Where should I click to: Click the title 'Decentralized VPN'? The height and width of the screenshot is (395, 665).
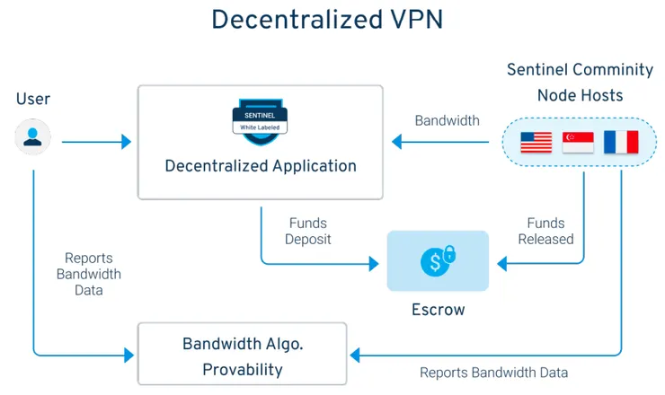click(330, 21)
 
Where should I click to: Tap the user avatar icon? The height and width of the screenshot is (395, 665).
click(32, 137)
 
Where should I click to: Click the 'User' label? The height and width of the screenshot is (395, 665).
click(33, 99)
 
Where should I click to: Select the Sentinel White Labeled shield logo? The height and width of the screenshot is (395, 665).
click(260, 118)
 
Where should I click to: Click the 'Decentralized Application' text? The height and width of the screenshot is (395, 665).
click(260, 166)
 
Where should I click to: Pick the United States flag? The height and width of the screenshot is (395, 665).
click(536, 142)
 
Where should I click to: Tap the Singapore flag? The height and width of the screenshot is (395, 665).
click(578, 142)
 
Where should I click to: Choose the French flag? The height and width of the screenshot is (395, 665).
click(620, 142)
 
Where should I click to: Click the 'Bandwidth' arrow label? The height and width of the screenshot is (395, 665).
click(447, 120)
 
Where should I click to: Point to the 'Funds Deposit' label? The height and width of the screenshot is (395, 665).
click(308, 231)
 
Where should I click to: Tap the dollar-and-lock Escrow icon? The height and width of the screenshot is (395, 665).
click(438, 260)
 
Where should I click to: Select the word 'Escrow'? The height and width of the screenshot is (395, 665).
click(438, 310)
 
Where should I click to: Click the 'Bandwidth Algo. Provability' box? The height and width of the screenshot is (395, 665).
click(242, 356)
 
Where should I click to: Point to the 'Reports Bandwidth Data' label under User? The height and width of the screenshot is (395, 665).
click(88, 274)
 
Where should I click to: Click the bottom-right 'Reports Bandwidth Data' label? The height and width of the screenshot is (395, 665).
click(493, 372)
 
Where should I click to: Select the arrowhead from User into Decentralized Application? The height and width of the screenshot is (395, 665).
click(126, 141)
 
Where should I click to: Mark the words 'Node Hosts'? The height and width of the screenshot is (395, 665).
click(580, 94)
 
